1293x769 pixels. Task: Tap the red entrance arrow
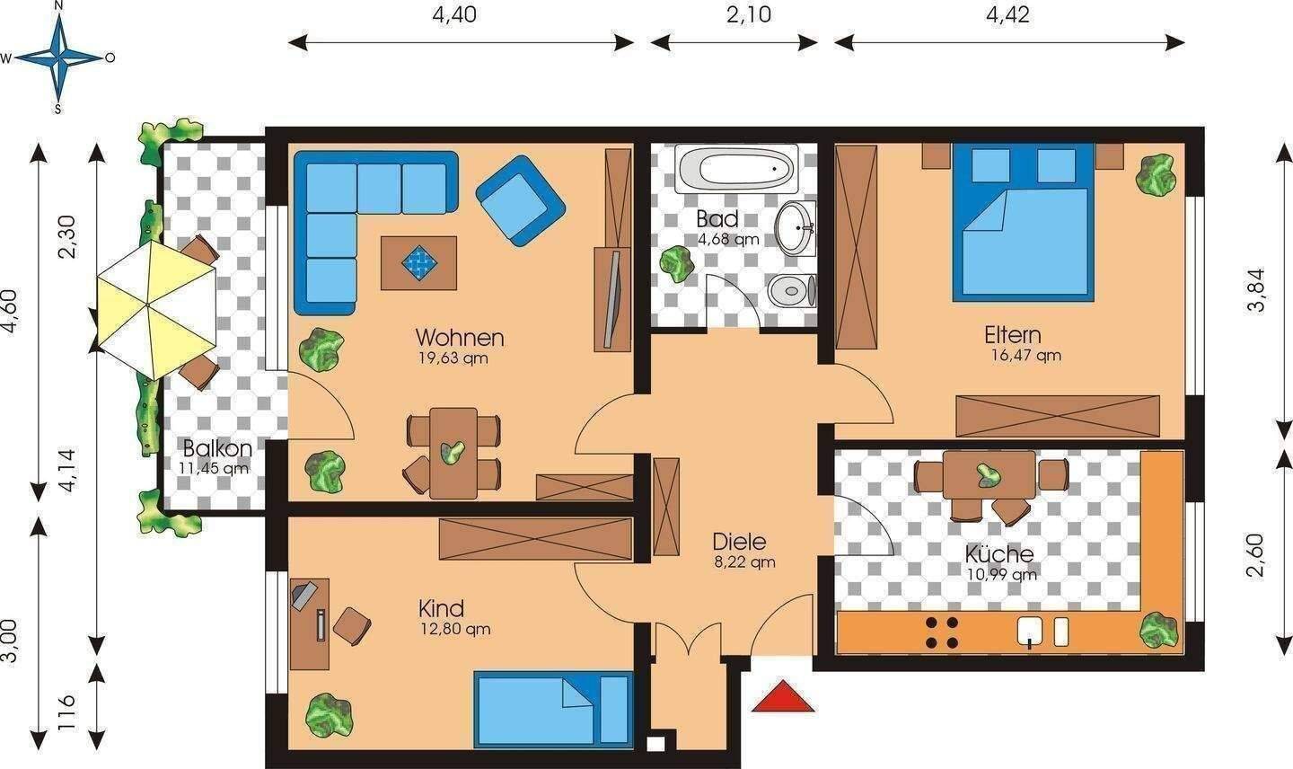783,695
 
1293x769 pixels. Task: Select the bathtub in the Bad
736,168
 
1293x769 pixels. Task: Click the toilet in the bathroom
792,290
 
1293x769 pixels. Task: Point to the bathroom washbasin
795,228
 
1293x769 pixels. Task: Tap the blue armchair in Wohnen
520,200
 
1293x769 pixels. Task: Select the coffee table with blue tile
418,262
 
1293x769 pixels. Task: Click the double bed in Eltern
1023,222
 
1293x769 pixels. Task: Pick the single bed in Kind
553,709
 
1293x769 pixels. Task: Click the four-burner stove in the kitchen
942,632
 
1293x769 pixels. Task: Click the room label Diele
739,542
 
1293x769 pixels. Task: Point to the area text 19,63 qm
453,358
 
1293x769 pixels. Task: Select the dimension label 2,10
748,14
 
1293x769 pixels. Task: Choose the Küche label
999,554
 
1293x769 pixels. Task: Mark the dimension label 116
67,712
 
